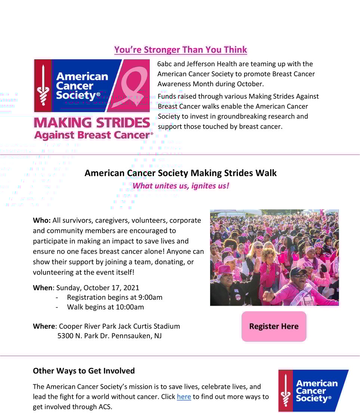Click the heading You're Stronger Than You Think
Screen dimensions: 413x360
(x=181, y=50)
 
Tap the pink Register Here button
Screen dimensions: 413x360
(x=274, y=326)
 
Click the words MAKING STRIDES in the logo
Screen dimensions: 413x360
(x=92, y=123)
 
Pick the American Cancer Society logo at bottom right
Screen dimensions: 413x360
(x=313, y=391)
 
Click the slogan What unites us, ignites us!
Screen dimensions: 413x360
(x=181, y=186)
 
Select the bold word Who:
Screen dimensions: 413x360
(x=42, y=221)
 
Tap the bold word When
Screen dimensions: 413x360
(x=43, y=288)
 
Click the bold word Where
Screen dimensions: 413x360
(x=44, y=326)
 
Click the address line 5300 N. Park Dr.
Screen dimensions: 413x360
(x=82, y=336)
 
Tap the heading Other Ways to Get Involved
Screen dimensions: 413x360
(x=84, y=371)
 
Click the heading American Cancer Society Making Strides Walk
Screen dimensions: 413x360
(x=181, y=173)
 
